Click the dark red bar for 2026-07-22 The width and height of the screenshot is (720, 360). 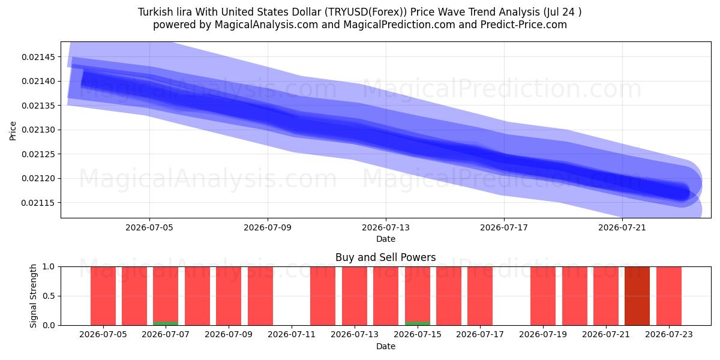(637, 296)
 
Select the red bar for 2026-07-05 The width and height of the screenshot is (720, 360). (103, 296)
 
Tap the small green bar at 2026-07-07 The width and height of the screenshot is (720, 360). (166, 323)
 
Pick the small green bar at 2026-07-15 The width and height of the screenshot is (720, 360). (418, 323)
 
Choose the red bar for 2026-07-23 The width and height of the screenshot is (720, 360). (669, 296)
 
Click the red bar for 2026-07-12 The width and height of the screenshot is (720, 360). (323, 296)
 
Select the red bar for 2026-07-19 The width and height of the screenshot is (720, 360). (543, 296)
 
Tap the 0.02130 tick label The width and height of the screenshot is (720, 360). (39, 130)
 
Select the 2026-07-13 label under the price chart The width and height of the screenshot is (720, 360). (386, 227)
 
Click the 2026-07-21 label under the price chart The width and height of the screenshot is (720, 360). (622, 227)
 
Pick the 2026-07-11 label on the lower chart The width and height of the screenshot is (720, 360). (292, 334)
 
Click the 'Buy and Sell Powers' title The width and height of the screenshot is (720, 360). (386, 257)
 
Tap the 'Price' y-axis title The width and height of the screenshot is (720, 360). (13, 131)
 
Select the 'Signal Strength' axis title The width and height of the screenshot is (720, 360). (33, 296)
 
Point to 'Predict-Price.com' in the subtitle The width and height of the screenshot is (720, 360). (524, 25)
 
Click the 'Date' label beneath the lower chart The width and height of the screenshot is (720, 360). (386, 346)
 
